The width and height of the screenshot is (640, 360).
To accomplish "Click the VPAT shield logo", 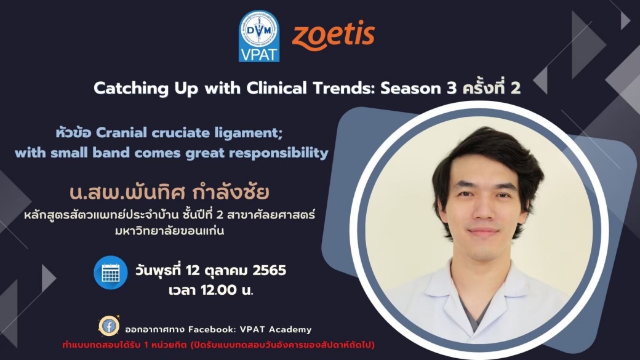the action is click(x=259, y=36).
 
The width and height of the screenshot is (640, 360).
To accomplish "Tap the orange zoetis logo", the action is click(x=334, y=35).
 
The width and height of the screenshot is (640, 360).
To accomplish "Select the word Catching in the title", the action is click(x=130, y=89).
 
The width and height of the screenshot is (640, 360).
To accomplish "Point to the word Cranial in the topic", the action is click(x=121, y=133).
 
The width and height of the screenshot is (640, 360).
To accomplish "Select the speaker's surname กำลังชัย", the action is click(x=230, y=192).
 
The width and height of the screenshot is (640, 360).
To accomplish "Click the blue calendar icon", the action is click(x=111, y=273).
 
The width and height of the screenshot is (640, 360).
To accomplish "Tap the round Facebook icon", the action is click(x=109, y=326).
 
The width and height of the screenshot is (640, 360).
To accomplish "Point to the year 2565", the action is click(x=270, y=270).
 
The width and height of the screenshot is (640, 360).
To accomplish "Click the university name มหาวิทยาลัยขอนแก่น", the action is click(x=170, y=231).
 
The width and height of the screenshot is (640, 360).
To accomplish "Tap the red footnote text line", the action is click(x=218, y=345).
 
